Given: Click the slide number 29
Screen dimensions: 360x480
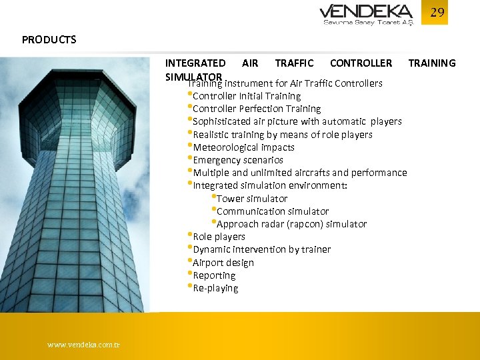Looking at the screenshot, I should click(x=437, y=13).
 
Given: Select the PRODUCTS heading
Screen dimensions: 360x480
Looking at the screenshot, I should click(x=49, y=39).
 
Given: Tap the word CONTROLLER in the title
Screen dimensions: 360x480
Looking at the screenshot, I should click(x=361, y=63).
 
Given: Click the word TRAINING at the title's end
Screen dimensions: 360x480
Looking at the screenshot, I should click(x=431, y=63).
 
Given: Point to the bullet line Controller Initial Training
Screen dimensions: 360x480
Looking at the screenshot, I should click(x=246, y=96).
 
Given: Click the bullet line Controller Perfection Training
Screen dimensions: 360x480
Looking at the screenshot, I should click(x=256, y=109).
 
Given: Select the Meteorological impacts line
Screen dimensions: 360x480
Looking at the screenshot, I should click(x=243, y=147).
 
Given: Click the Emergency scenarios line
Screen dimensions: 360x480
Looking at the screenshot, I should click(x=237, y=160).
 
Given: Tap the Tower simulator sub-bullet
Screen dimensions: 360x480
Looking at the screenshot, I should click(x=251, y=199).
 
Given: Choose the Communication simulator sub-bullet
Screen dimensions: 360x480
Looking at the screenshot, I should click(x=272, y=211).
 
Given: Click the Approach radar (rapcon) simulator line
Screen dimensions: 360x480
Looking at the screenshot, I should click(x=291, y=224).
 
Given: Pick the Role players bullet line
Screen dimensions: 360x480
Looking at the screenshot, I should click(x=219, y=237).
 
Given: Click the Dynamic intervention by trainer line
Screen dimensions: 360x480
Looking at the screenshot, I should click(x=261, y=249).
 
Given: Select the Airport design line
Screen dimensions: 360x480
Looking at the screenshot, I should click(x=223, y=263).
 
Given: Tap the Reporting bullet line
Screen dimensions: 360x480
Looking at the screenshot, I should click(x=213, y=275).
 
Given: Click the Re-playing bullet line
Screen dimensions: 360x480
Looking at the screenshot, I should click(x=215, y=288).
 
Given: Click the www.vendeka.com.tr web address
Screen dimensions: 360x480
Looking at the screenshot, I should click(x=84, y=345).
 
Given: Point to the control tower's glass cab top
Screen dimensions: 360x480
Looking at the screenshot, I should click(x=77, y=107).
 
